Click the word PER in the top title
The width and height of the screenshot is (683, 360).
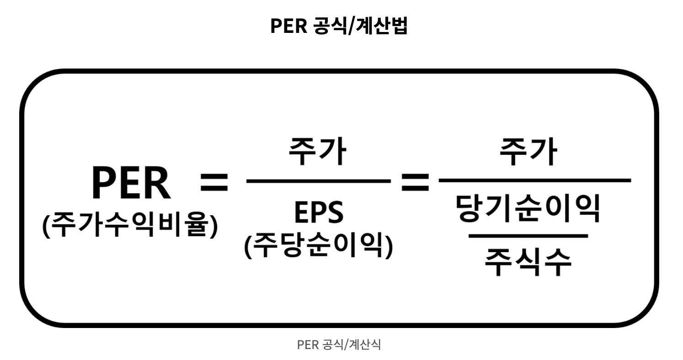[288, 26]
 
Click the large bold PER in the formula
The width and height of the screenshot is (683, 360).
[130, 182]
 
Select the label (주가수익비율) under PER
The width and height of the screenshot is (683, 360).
[130, 225]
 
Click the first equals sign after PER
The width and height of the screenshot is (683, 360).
[214, 182]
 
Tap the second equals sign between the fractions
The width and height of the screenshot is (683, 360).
[415, 182]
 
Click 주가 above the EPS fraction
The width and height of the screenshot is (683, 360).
[317, 151]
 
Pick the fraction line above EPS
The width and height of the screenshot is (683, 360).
[318, 181]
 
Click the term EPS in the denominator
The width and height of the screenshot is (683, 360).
[319, 212]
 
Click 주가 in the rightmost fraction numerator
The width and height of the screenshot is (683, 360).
[528, 151]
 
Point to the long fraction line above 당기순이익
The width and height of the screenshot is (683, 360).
[535, 180]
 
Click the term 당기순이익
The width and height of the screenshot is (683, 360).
[528, 208]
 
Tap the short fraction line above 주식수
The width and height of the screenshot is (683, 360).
[528, 236]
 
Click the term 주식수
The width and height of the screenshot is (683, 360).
[528, 262]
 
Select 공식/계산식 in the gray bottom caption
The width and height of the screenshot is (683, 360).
[352, 345]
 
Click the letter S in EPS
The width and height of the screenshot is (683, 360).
[335, 212]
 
